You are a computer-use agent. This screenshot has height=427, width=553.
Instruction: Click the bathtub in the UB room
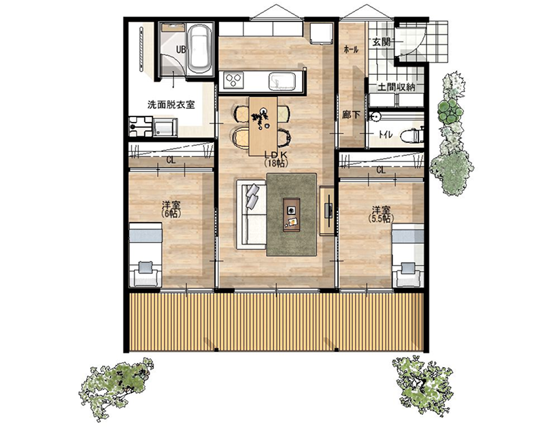[199, 49]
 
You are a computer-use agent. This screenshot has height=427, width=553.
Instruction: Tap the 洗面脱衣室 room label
[171, 105]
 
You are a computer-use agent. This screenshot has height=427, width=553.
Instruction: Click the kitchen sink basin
[282, 81]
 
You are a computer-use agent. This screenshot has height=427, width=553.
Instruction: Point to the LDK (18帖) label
[277, 159]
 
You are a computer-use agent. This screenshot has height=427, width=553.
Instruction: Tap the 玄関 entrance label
[381, 42]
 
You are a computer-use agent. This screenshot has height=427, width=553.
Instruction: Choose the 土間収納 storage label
[396, 87]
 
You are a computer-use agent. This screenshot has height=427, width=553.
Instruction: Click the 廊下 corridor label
[351, 114]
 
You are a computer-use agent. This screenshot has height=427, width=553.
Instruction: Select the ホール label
[351, 50]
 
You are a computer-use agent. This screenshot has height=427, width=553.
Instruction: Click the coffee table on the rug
[292, 215]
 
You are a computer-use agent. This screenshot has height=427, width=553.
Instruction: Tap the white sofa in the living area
[251, 214]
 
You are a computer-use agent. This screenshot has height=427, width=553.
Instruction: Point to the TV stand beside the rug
[327, 210]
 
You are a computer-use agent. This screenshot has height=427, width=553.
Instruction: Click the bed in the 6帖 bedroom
[145, 254]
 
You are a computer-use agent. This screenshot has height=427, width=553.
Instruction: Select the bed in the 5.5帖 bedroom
[408, 254]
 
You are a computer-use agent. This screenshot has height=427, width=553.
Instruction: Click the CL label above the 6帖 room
[171, 160]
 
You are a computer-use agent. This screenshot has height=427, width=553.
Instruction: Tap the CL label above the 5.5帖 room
[381, 170]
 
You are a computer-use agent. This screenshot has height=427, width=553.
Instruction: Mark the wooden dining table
[263, 126]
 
